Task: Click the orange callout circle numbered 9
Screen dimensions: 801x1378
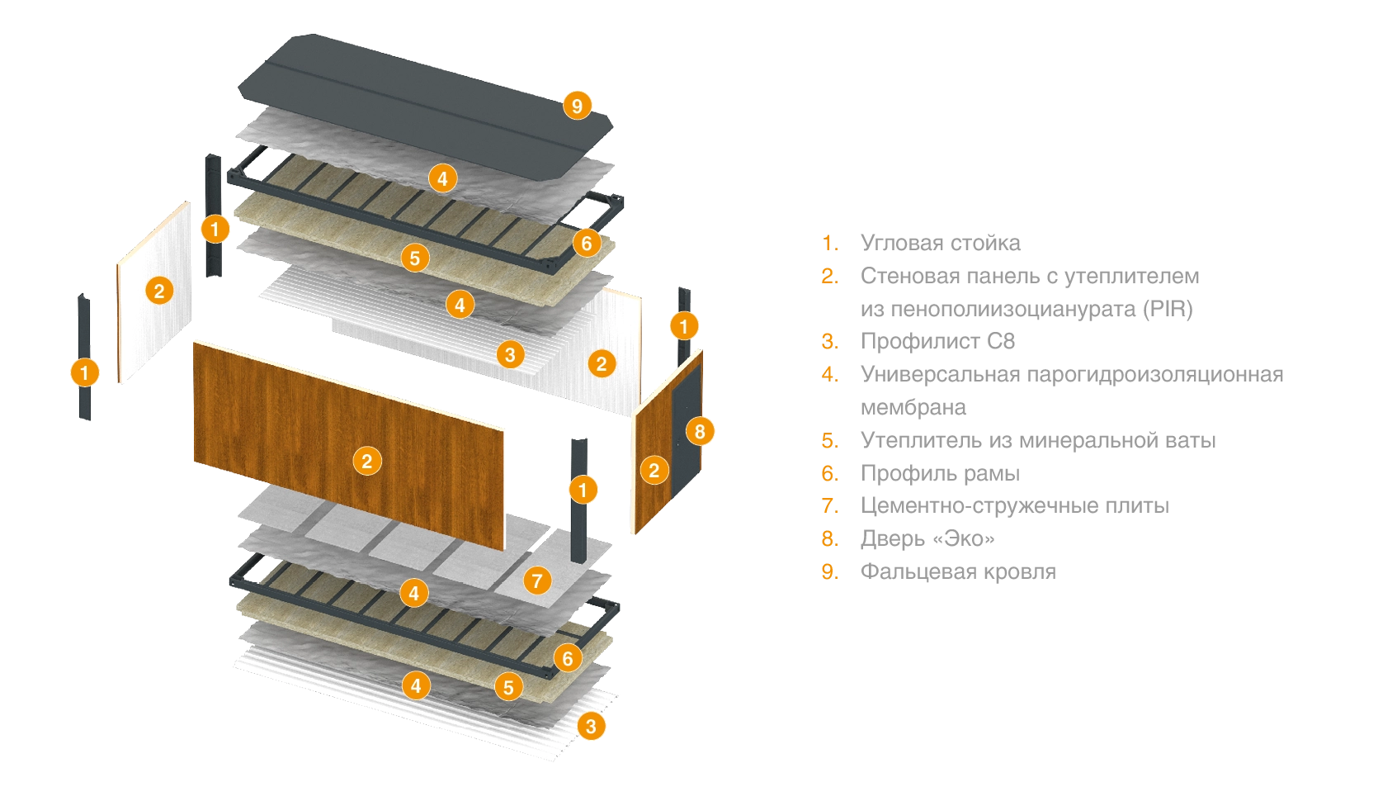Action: point(577,106)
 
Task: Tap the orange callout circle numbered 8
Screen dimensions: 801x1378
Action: point(700,431)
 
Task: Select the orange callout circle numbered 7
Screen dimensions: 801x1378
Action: point(537,581)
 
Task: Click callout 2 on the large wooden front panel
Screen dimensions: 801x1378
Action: point(367,461)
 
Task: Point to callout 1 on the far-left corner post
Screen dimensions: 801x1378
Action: point(84,372)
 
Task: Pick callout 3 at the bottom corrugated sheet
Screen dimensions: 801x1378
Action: point(590,727)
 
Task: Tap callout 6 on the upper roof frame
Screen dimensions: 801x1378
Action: point(587,243)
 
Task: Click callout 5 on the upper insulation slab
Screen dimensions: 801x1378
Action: point(415,258)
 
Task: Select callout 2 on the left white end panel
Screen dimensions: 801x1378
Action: point(159,290)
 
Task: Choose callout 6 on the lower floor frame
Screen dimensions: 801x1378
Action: point(568,658)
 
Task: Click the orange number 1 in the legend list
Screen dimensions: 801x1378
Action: point(828,242)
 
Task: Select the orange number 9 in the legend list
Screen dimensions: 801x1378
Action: point(828,571)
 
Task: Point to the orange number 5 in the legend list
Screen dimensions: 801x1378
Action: point(828,439)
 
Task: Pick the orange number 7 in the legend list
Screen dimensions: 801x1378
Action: point(828,505)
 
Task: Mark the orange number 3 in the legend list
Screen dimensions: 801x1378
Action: point(828,340)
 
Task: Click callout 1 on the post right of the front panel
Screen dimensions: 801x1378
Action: point(583,490)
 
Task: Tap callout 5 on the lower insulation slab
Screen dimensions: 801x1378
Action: point(508,686)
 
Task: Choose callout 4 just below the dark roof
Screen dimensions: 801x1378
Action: point(442,178)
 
